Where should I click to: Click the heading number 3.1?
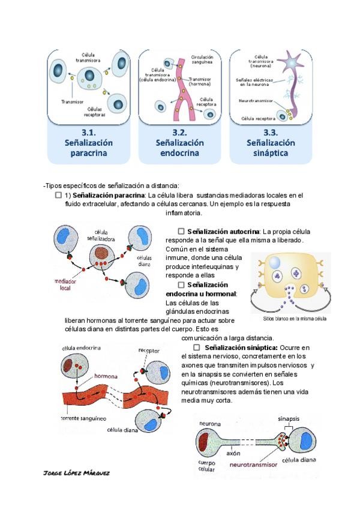pos(89,132)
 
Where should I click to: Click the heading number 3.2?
pos(179,132)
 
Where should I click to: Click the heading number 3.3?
pos(270,132)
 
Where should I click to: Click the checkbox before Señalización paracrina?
pos(58,195)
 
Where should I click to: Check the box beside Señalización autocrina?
pos(181,231)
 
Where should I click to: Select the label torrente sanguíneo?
pos(83,418)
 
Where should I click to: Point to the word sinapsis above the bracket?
pos(289,418)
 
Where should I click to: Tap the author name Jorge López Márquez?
pos(77,472)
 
